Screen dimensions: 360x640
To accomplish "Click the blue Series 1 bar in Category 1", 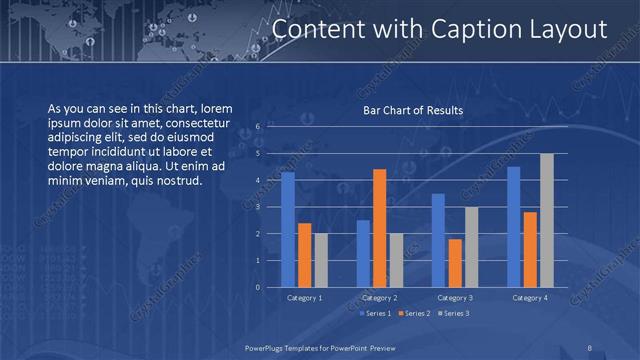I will point(288,230).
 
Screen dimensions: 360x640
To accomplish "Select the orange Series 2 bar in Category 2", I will point(380,228).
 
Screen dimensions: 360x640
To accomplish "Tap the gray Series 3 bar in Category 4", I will point(547,220).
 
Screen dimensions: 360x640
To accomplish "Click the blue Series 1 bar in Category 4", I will point(514,227).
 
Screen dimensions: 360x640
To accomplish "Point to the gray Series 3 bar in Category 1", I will point(321,260).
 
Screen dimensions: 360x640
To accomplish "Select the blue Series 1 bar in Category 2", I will point(363,254).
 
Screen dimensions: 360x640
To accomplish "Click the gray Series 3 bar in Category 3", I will point(472,247).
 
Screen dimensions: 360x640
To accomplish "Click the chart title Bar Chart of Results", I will point(412,111).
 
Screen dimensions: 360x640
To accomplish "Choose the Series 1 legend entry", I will point(374,314).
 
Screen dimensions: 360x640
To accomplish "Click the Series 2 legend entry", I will point(414,314).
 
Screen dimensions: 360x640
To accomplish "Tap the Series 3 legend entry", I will point(454,314).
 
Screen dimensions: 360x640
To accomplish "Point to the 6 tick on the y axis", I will point(258,127).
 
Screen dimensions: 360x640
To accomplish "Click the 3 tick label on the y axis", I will point(258,207).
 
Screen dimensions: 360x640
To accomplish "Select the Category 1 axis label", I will point(305,298).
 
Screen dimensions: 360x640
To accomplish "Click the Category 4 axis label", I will point(530,298).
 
